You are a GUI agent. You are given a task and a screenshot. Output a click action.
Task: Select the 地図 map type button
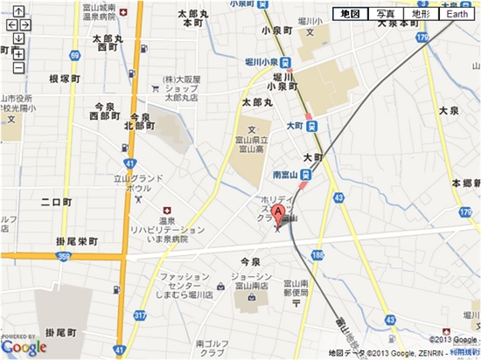tap(349, 15)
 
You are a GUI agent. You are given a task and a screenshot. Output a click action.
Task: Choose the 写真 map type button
tap(386, 15)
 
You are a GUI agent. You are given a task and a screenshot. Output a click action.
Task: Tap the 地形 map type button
tap(422, 15)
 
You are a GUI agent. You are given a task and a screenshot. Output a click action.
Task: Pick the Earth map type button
tap(457, 15)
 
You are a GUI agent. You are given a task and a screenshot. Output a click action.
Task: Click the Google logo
tap(24, 347)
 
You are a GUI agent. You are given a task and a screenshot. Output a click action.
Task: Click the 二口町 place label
tap(58, 202)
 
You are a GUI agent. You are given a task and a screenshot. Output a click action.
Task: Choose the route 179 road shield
tap(424, 38)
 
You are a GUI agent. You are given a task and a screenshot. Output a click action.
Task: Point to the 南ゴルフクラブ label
tap(215, 348)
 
